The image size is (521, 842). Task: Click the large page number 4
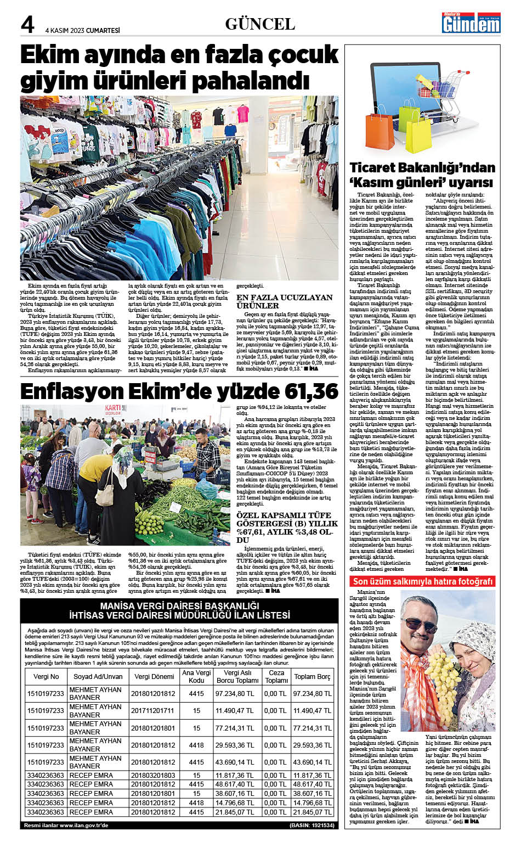click(27, 25)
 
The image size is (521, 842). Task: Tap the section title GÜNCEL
click(260, 24)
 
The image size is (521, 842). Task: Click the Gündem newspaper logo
click(472, 23)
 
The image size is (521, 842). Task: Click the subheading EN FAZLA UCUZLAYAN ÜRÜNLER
click(284, 301)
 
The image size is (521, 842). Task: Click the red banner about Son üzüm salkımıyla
click(423, 581)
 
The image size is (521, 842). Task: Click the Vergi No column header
click(46, 676)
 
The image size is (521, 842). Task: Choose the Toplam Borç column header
click(312, 676)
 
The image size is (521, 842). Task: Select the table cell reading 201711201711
click(152, 710)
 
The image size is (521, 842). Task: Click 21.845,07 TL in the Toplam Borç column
click(312, 812)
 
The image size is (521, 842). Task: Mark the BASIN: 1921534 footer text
click(312, 825)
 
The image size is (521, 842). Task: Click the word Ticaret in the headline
click(375, 168)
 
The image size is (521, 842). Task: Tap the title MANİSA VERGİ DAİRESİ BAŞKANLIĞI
click(179, 605)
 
